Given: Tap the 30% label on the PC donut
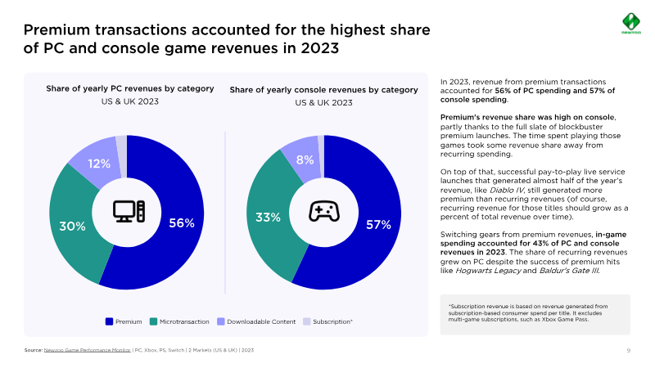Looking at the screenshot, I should point(72,226).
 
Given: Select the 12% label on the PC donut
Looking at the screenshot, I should point(99,164).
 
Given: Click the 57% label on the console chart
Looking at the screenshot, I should point(378,224).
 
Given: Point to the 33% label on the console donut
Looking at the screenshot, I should point(269,218).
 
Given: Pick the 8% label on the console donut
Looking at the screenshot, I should point(305,160).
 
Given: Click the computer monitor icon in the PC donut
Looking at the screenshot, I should point(129,211).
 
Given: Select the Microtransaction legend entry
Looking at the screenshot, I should point(179,321).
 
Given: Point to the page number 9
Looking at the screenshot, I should point(628,350).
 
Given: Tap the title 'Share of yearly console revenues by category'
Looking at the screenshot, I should point(323,89).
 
